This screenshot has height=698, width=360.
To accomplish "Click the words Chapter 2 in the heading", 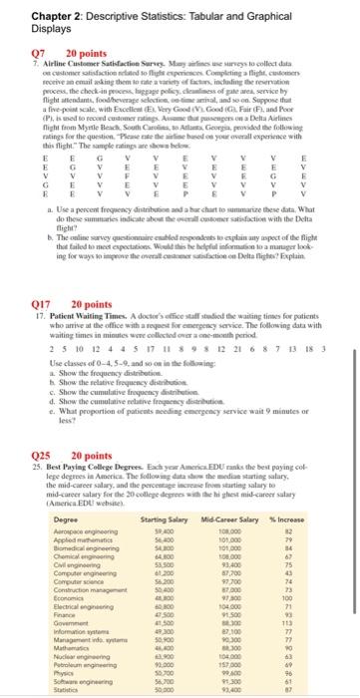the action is [31, 12].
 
